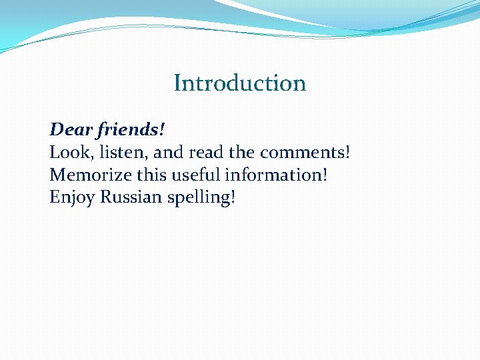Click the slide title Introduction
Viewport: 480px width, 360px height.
239,83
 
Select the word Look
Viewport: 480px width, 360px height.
65,152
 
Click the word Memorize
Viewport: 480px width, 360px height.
85,175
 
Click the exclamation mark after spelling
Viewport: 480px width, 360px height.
233,198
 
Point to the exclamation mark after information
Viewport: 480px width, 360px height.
325,175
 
